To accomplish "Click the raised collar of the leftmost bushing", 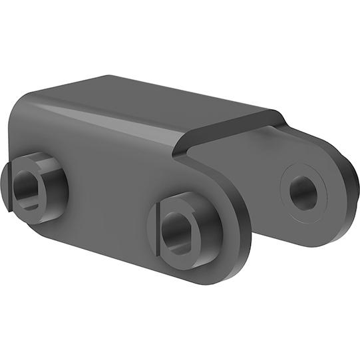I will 50,174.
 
